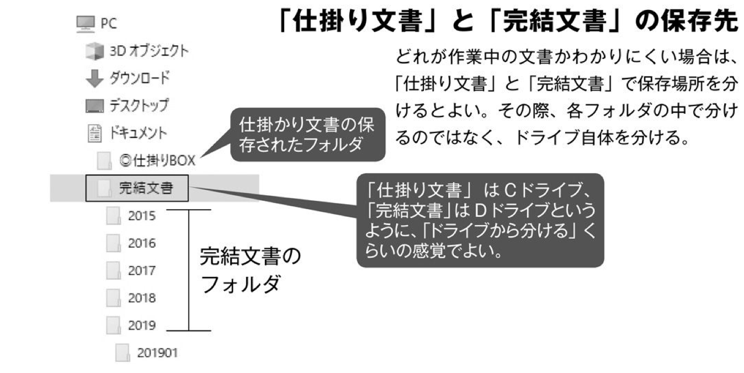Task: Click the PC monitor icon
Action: pos(84,23)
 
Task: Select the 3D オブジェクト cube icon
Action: pos(94,51)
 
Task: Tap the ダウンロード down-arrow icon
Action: pos(94,78)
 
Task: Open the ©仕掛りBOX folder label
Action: pos(157,161)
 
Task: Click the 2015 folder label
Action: pos(142,216)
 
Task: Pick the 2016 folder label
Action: pos(142,243)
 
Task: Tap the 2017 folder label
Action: pos(142,271)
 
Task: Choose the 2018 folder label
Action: pos(142,298)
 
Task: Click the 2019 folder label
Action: pos(142,326)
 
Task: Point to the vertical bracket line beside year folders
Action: pos(189,270)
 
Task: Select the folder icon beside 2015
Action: pos(113,216)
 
